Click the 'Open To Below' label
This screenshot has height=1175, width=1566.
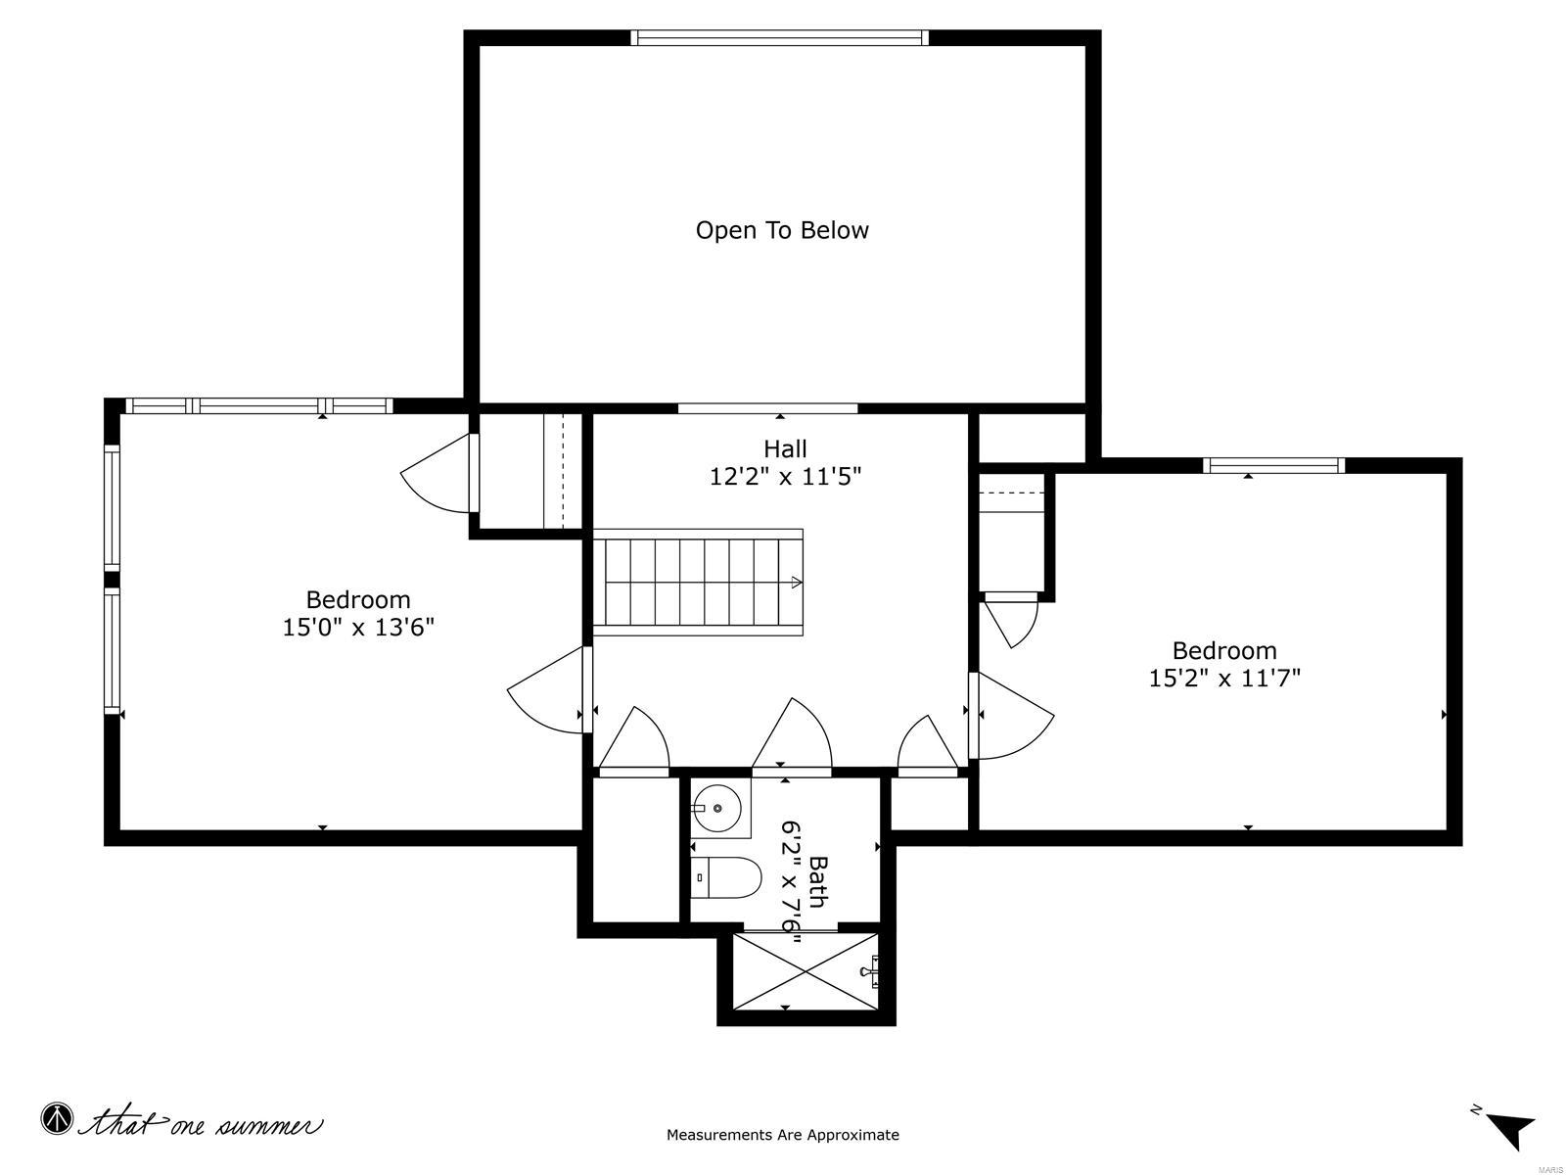click(782, 230)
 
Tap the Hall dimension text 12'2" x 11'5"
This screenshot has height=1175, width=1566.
click(785, 477)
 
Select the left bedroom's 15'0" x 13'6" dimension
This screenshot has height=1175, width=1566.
click(358, 627)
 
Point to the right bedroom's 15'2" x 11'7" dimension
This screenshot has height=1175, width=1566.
click(1224, 678)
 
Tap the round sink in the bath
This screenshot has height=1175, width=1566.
click(717, 808)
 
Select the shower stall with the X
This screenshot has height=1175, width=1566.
click(805, 970)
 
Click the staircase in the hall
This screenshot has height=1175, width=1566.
click(698, 583)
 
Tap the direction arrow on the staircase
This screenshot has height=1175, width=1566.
click(795, 583)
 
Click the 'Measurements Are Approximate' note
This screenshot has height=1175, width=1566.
click(782, 1135)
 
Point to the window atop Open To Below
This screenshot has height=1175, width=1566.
click(779, 38)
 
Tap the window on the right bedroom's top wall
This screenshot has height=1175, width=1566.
click(1273, 465)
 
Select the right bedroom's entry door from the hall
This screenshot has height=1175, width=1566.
click(1013, 716)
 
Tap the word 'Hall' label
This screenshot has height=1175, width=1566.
click(785, 448)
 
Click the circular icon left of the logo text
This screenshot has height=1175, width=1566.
click(58, 1118)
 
